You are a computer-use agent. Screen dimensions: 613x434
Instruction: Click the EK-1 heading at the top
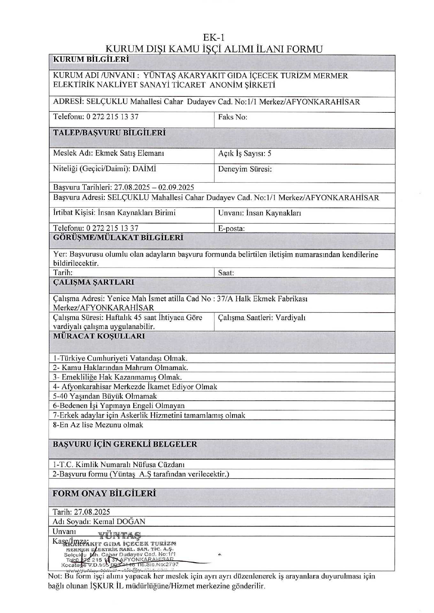214,37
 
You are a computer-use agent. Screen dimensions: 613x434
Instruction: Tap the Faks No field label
233,117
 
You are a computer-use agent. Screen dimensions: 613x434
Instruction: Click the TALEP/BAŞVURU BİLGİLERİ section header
109,133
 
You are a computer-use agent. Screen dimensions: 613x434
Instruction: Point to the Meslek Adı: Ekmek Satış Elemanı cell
109,153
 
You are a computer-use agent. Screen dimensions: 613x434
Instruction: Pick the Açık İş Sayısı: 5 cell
245,154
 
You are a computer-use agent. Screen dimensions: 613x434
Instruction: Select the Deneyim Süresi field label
245,169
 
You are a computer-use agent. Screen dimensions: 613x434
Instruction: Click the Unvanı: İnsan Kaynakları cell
260,213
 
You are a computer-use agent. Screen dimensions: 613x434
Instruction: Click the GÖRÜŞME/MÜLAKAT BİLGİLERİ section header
118,238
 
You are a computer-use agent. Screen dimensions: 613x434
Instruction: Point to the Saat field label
226,273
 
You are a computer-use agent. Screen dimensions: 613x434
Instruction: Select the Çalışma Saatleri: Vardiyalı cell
262,318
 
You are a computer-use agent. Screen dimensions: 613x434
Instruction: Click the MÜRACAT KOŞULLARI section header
99,336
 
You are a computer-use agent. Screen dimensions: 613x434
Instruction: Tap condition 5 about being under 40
105,396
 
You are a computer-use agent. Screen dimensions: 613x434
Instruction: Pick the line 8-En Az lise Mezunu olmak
98,425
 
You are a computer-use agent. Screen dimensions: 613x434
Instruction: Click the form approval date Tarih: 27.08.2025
81,512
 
